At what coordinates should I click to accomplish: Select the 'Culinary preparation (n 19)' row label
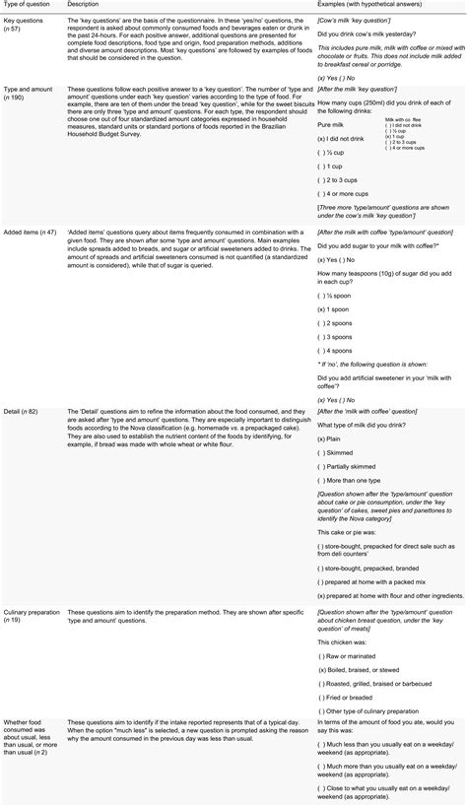[x=32, y=617]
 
